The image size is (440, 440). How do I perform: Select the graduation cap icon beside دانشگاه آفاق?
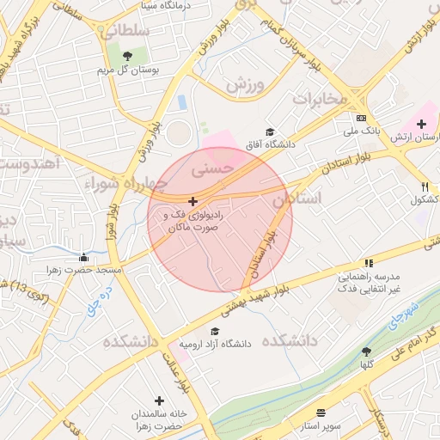pyautogui.click(x=271, y=131)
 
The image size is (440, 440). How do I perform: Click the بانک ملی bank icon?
pyautogui.click(x=361, y=118)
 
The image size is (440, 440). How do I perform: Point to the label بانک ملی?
pyautogui.click(x=361, y=131)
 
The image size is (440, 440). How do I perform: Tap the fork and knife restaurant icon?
pyautogui.click(x=425, y=186)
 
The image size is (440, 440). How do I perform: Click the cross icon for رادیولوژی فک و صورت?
pyautogui.click(x=191, y=201)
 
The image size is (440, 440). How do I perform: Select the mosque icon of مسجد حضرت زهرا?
pyautogui.click(x=82, y=257)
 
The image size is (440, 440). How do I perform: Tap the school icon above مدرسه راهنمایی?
pyautogui.click(x=369, y=263)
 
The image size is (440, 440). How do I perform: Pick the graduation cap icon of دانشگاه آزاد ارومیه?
pyautogui.click(x=214, y=331)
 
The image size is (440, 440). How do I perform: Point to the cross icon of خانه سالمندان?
pyautogui.click(x=159, y=400)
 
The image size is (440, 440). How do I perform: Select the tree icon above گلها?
pyautogui.click(x=367, y=351)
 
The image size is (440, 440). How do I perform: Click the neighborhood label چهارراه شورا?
pyautogui.click(x=114, y=182)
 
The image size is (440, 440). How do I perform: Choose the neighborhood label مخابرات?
pyautogui.click(x=320, y=98)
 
